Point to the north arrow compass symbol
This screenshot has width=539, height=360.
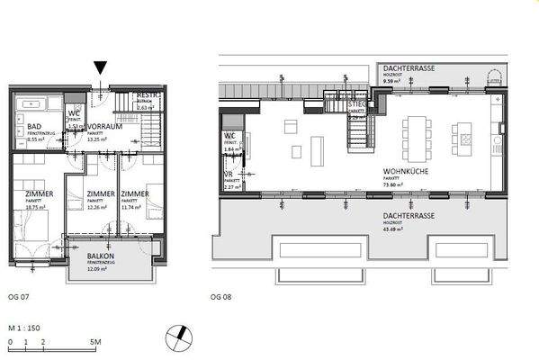(180, 338)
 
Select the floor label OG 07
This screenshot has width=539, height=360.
(18, 296)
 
